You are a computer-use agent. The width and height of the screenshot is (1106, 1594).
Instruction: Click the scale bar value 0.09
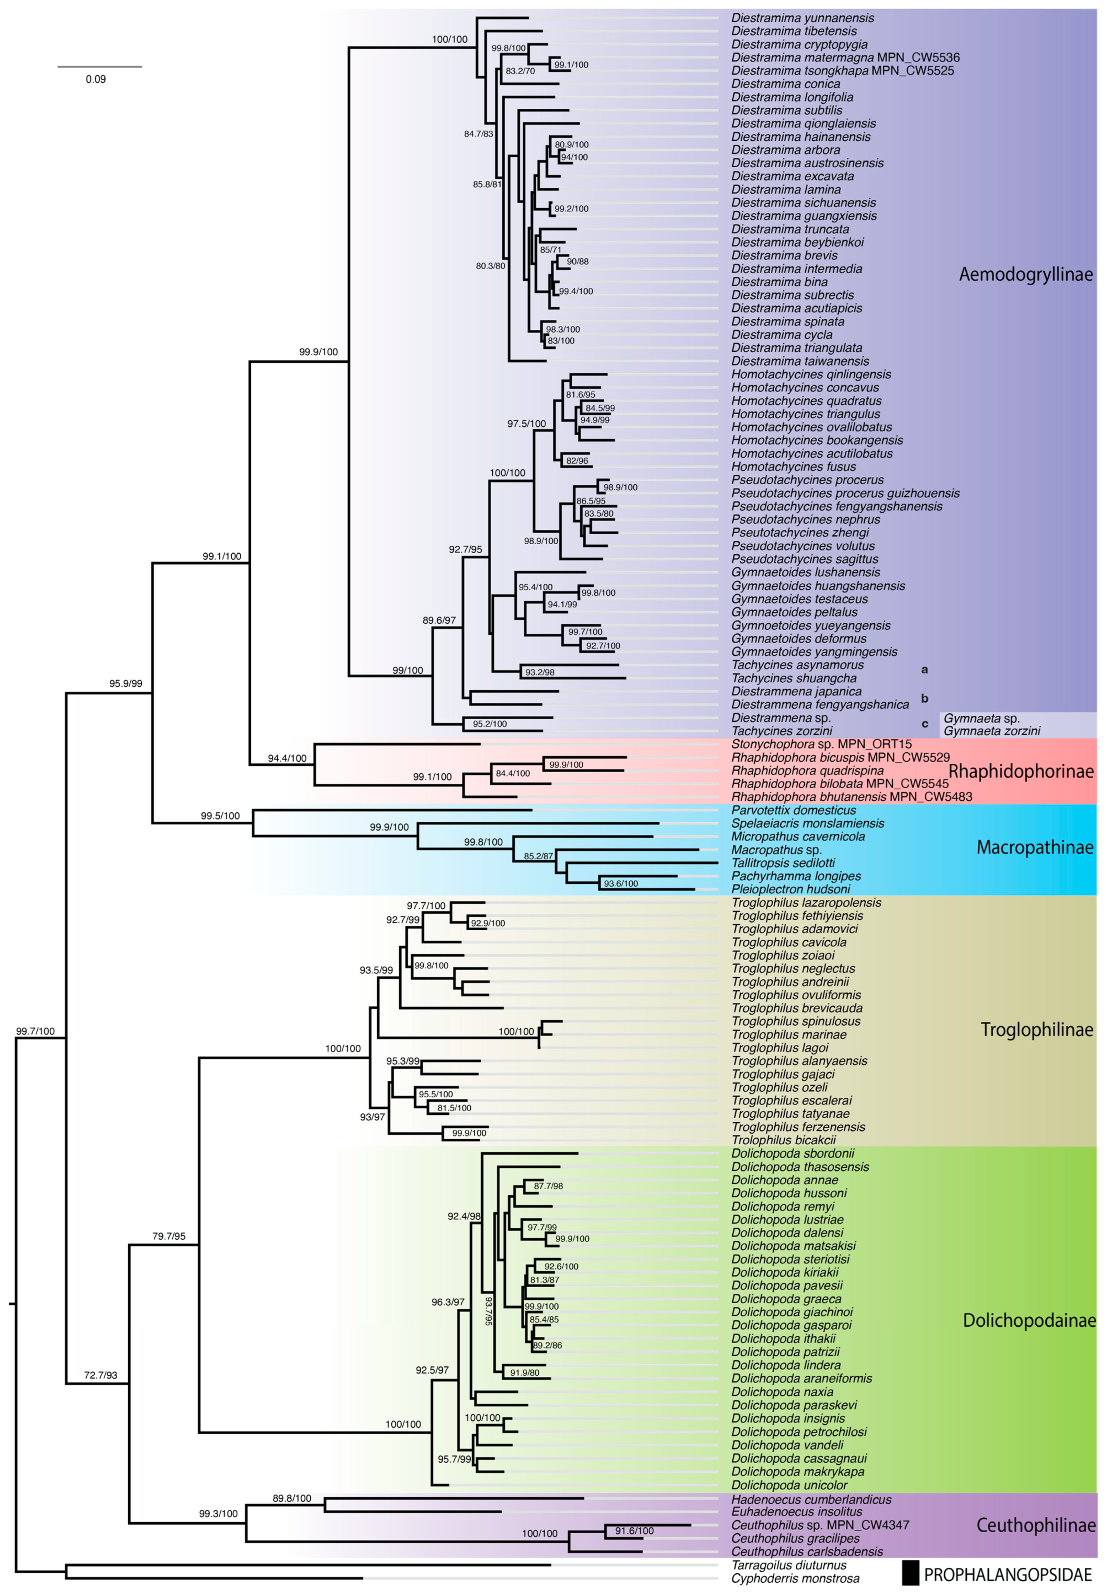(x=95, y=79)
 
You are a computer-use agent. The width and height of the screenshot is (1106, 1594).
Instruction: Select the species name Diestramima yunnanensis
(x=803, y=18)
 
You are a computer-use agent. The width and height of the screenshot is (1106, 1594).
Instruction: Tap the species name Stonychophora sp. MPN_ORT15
(x=821, y=744)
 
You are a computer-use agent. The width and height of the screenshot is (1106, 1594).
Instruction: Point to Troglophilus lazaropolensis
(x=806, y=903)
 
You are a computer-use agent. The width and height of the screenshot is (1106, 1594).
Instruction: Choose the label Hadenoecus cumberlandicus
(x=811, y=1499)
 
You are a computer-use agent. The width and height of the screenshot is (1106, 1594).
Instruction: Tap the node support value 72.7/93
(x=100, y=1375)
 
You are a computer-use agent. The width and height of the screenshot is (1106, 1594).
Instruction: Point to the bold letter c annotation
(x=924, y=724)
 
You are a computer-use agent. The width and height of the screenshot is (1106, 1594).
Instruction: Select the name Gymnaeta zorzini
(x=992, y=731)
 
